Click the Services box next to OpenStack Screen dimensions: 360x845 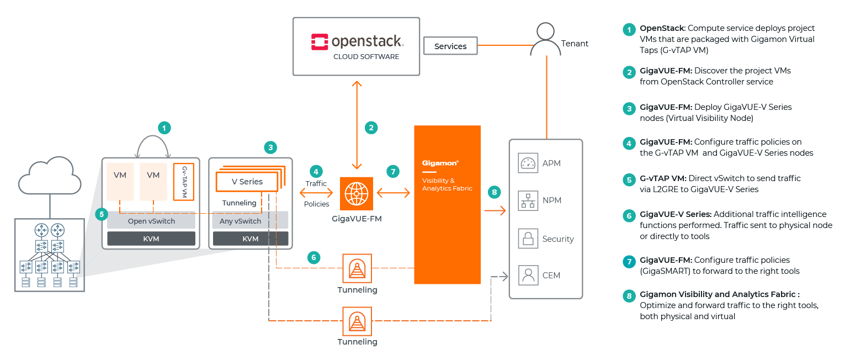click(x=450, y=46)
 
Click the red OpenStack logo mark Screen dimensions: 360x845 click(x=320, y=42)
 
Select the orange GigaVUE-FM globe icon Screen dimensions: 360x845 click(x=357, y=194)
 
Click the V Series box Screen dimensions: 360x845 click(x=247, y=181)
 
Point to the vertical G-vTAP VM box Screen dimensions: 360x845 click(x=184, y=181)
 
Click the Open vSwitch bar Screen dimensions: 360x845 click(x=151, y=221)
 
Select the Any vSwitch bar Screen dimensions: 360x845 click(x=250, y=221)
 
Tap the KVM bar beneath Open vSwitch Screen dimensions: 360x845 click(x=151, y=239)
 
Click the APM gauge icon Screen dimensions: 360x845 click(x=528, y=163)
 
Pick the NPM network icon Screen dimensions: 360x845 click(x=528, y=200)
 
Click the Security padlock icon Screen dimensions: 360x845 click(x=528, y=239)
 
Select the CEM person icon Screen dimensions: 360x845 click(x=528, y=275)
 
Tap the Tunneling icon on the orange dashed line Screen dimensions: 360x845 click(x=357, y=320)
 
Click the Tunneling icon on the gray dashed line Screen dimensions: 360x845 click(x=357, y=268)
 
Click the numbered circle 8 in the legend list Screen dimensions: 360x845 click(x=628, y=297)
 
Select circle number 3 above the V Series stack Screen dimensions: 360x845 click(x=270, y=147)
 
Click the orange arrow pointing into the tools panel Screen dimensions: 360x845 click(x=495, y=210)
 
